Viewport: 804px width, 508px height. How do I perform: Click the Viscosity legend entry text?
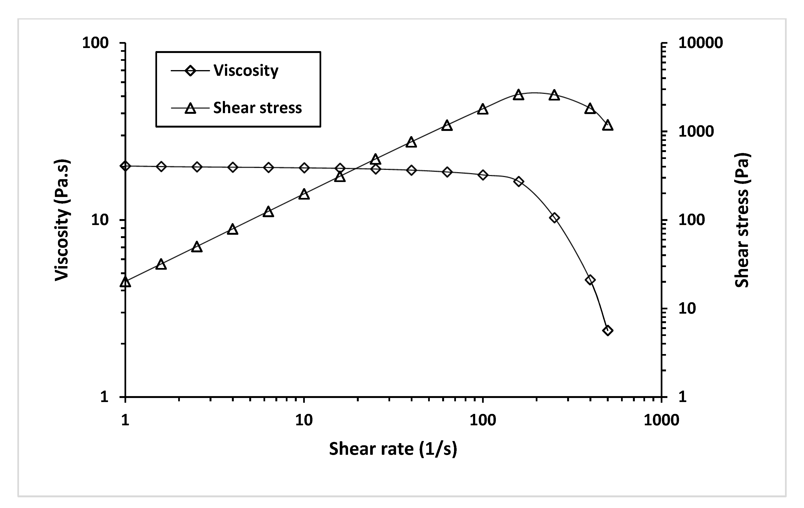tap(246, 71)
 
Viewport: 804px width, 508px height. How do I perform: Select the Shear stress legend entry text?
tap(257, 108)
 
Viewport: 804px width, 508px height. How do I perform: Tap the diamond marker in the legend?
tap(190, 71)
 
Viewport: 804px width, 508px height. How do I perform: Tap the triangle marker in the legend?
tap(190, 108)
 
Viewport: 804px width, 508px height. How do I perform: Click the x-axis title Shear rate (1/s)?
tap(393, 449)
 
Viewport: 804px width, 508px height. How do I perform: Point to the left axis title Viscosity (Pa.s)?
tap(62, 220)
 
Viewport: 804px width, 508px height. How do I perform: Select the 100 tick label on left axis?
tap(96, 43)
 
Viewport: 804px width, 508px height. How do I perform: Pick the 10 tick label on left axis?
tap(100, 220)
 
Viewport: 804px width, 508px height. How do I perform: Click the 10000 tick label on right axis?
tap(700, 43)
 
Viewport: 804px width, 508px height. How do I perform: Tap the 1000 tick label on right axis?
tap(696, 132)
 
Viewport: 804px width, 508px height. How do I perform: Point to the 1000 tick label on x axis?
tap(661, 420)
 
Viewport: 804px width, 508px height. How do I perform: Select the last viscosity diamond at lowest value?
tap(608, 331)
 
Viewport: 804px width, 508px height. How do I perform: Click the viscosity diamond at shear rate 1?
tap(125, 166)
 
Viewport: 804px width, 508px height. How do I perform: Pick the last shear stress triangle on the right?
tap(608, 126)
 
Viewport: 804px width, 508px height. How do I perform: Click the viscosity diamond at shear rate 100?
tap(483, 175)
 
